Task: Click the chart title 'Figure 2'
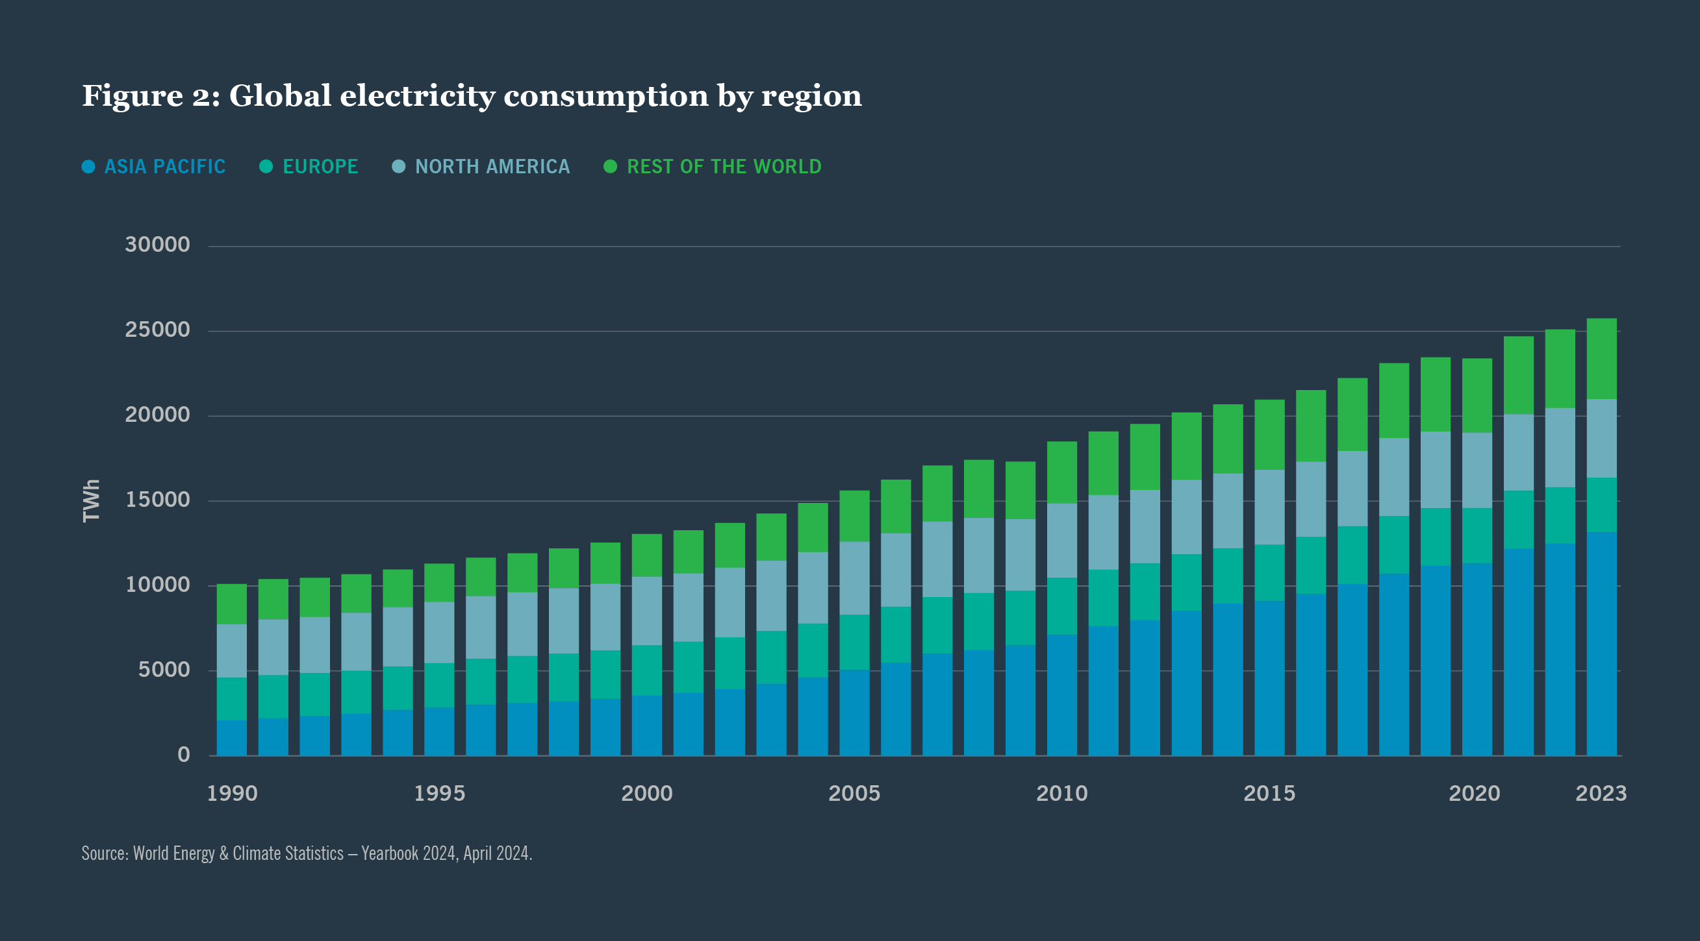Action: click(x=471, y=96)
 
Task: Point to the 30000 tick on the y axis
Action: click(x=157, y=245)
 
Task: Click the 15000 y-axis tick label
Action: click(x=157, y=500)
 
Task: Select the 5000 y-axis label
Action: click(x=164, y=670)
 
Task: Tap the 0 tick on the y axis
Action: click(x=183, y=755)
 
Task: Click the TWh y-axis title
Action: click(x=91, y=500)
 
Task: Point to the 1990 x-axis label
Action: click(x=232, y=793)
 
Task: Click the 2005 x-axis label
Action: click(x=854, y=793)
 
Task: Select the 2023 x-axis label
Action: click(x=1601, y=793)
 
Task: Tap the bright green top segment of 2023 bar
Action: click(x=1601, y=359)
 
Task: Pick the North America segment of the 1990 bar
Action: click(x=232, y=651)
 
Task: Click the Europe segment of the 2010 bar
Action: click(x=1061, y=606)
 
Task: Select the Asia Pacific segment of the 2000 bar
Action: click(x=647, y=726)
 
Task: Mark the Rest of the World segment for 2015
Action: click(x=1269, y=435)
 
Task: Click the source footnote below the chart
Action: click(x=307, y=853)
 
